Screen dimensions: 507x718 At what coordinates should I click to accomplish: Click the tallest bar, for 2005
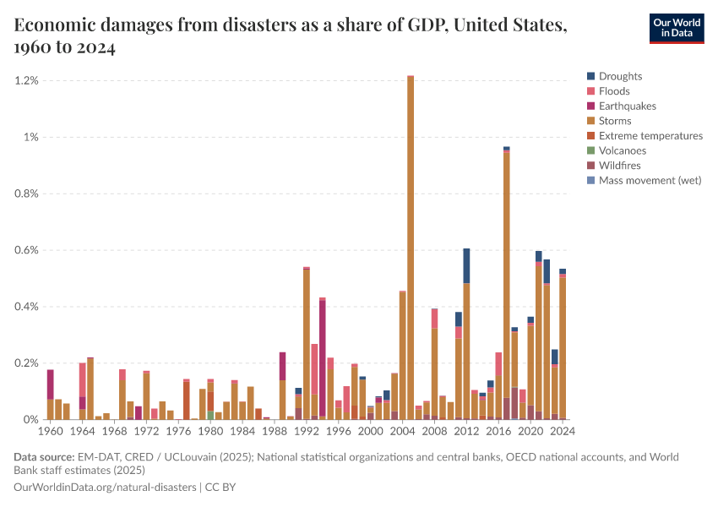[x=411, y=253]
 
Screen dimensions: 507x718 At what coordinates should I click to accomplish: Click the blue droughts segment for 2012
[x=466, y=266]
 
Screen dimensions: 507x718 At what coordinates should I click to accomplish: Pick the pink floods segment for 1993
[x=314, y=368]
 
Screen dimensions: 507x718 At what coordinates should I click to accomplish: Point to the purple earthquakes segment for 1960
[x=51, y=384]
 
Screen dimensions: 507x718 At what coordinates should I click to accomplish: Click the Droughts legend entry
[x=620, y=76]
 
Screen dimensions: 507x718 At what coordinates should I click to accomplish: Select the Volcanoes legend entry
[x=622, y=150]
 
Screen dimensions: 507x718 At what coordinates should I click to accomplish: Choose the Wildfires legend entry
[x=620, y=166]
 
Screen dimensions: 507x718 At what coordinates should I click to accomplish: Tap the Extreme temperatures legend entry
[x=650, y=136]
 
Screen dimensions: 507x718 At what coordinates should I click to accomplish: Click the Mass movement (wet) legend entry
[x=650, y=180]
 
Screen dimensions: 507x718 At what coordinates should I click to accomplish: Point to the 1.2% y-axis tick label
[x=27, y=80]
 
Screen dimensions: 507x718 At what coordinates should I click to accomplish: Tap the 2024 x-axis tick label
[x=563, y=431]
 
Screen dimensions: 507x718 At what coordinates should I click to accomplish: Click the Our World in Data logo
[x=676, y=28]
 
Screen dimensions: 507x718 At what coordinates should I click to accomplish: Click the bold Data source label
[x=42, y=457]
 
